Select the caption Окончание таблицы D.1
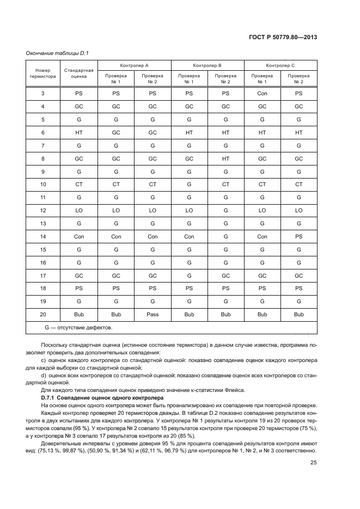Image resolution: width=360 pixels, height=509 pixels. click(57, 53)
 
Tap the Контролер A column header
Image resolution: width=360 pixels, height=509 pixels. click(134, 65)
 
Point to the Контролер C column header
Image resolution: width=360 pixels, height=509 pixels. click(280, 65)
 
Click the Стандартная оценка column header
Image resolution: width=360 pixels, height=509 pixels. click(79, 73)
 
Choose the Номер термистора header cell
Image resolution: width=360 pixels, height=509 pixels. click(42, 73)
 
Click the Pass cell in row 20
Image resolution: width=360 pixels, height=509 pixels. click(152, 314)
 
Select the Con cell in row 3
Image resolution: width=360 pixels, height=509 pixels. click(262, 93)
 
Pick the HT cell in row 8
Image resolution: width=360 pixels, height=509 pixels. click(225, 158)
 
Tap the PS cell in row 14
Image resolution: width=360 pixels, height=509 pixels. click(298, 236)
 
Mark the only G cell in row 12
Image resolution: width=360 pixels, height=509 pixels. click(225, 210)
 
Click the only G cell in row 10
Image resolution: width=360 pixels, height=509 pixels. click(189, 184)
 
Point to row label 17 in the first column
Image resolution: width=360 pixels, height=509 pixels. click(42, 275)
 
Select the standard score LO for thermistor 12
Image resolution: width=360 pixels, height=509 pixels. click(79, 210)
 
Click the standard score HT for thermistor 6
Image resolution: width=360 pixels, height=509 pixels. click(79, 132)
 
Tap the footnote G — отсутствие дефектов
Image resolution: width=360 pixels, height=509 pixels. click(79, 328)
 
